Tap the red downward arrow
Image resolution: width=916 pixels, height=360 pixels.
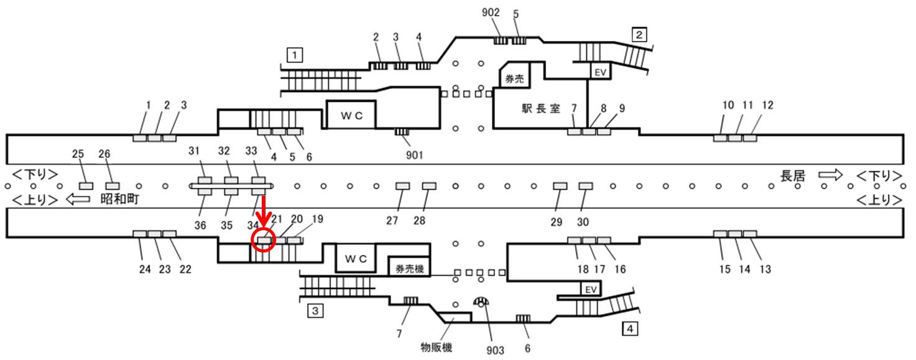pos(263,212)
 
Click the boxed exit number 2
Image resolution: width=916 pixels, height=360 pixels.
pos(638,34)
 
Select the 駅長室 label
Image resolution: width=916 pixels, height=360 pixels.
pos(540,108)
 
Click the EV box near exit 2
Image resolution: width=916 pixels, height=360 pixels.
pos(600,72)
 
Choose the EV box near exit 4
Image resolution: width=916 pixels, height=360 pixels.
pos(591,289)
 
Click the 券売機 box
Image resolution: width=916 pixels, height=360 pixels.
pos(407,268)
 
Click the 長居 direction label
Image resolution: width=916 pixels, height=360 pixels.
pos(793,175)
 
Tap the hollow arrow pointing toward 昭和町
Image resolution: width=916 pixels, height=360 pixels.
pos(78,200)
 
